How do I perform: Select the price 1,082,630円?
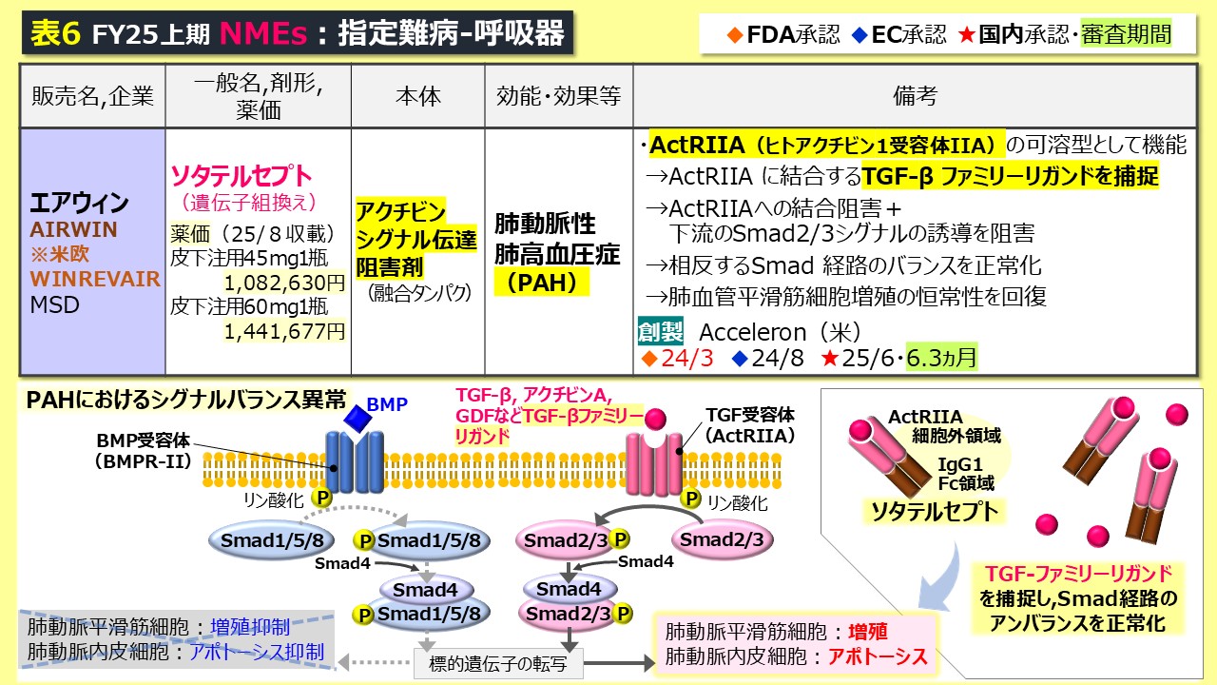tap(284, 283)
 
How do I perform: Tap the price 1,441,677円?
tap(284, 330)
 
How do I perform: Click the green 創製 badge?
tap(660, 332)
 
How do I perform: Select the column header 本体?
tap(418, 95)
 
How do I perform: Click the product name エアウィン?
tap(80, 204)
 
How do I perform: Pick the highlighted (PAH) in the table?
tap(544, 283)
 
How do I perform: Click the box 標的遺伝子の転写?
tap(499, 663)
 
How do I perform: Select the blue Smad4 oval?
tap(420, 590)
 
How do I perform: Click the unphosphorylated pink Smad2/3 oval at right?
tap(723, 539)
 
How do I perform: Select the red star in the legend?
tap(966, 35)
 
